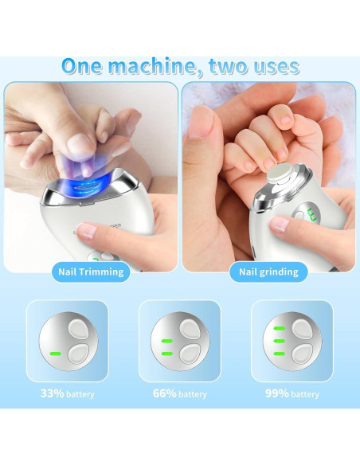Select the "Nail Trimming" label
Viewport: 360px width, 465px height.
coord(91,272)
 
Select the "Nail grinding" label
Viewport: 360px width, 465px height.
coord(268,272)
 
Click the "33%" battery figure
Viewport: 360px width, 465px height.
coord(53,393)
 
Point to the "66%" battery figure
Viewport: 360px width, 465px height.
coord(166,393)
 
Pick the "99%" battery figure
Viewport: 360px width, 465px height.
coord(278,393)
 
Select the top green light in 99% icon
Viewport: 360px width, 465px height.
coord(280,327)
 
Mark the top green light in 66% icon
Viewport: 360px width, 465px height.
coord(167,342)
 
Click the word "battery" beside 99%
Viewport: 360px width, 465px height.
coord(305,394)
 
